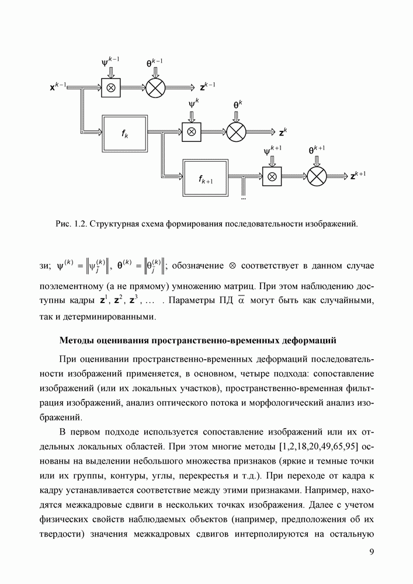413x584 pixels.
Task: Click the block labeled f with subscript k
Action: (125, 133)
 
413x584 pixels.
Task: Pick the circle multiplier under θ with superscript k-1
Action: (155, 88)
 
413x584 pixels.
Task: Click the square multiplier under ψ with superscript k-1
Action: (110, 88)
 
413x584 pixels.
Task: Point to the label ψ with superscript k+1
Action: (273, 151)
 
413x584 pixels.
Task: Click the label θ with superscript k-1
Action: (154, 62)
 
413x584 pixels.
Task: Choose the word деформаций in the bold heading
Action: (306, 340)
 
